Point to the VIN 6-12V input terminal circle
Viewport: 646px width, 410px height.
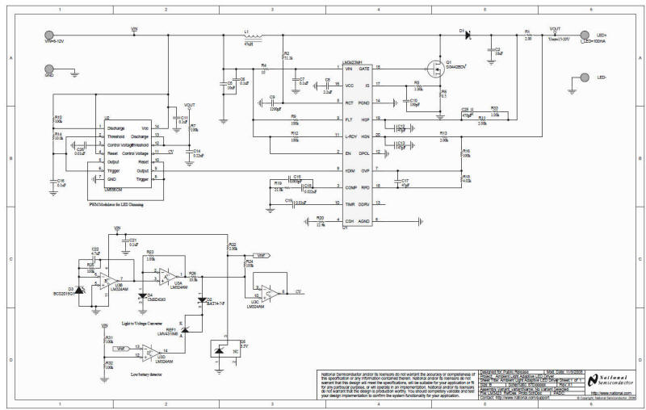(50, 36)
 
